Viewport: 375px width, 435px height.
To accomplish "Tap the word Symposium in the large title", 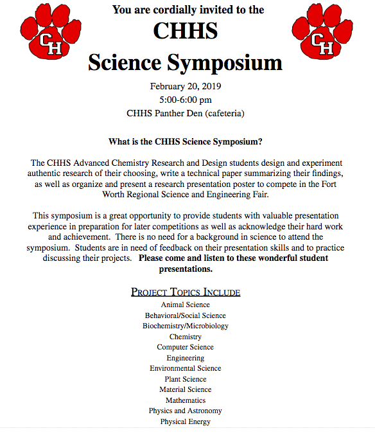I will (224, 62).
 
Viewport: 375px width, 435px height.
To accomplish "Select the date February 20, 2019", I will (186, 86).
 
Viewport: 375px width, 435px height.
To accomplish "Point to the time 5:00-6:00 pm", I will (186, 100).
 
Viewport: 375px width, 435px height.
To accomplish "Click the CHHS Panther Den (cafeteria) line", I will (186, 114).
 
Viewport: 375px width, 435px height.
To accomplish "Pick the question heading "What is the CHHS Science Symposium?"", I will (186, 141).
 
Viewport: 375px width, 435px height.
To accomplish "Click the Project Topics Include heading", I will (186, 292).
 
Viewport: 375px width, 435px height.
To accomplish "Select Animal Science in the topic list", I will (186, 305).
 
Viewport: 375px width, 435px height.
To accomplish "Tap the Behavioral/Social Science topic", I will (186, 315).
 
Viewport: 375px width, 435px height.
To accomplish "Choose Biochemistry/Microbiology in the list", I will (186, 326).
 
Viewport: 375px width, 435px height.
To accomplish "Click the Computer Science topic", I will (186, 347).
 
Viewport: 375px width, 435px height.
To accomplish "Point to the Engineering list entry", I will (186, 358).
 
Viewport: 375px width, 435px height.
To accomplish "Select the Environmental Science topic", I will (186, 368).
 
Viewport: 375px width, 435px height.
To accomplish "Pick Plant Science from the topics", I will (186, 379).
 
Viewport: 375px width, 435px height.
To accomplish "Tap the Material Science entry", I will (186, 389).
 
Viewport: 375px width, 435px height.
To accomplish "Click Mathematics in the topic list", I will (186, 400).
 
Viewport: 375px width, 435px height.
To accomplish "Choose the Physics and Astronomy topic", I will (186, 411).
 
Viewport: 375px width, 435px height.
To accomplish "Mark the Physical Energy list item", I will (186, 422).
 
